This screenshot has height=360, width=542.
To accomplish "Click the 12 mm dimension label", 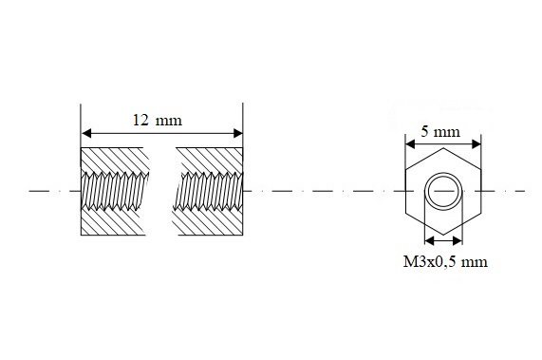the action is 158,121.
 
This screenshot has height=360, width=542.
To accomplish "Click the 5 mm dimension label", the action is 440,132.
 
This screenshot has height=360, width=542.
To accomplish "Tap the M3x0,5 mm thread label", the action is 445,262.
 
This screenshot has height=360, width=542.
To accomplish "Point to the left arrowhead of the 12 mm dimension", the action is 86,133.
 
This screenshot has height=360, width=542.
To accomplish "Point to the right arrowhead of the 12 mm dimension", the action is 238,133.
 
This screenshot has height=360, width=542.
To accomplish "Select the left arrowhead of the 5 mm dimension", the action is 410,143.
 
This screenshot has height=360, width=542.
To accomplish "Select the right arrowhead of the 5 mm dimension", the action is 477,143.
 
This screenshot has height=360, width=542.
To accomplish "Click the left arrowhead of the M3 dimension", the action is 429,240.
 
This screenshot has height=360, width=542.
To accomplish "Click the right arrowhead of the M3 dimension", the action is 458,240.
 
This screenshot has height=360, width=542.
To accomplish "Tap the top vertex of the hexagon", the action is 443,148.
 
